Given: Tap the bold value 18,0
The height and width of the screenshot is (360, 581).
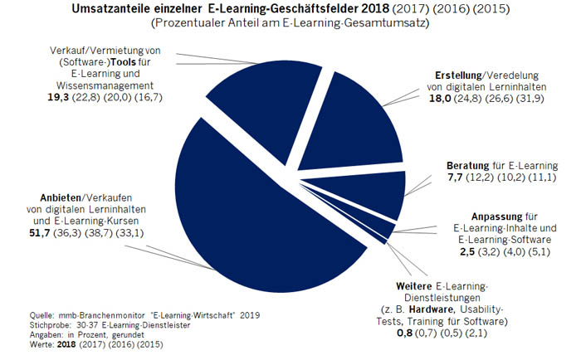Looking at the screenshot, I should [438, 99].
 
